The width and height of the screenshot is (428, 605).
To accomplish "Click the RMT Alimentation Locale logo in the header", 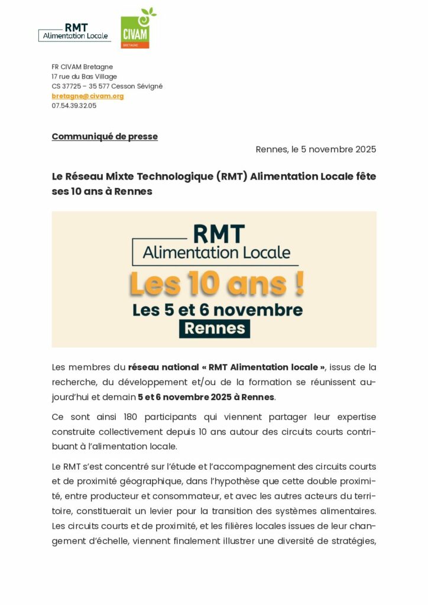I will click(x=74, y=32).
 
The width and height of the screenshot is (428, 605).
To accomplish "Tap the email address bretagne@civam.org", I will click(x=87, y=96).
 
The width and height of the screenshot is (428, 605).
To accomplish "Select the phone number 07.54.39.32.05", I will click(x=74, y=106).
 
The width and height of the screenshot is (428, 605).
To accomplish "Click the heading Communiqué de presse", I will click(x=105, y=136).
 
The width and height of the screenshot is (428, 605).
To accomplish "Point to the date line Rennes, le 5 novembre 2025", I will click(x=316, y=149).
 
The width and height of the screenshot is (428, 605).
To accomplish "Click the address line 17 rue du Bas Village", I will click(x=84, y=76).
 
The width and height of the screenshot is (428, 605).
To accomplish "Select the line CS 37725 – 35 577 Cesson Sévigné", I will click(x=107, y=86).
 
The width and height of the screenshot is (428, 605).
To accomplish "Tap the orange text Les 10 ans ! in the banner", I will click(x=216, y=284).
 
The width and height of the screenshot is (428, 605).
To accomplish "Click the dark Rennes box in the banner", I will click(x=215, y=328).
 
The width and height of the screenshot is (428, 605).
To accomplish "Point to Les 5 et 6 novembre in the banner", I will click(x=217, y=309).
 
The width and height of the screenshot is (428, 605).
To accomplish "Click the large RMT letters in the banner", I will click(x=218, y=234).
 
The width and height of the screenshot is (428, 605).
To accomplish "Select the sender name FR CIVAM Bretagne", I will click(x=82, y=67).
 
